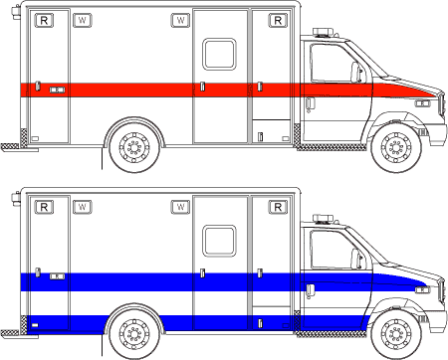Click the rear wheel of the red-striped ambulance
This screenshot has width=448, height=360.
point(131,146)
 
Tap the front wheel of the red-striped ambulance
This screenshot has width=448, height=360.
point(397,147)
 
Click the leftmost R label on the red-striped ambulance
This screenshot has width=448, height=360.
point(43,20)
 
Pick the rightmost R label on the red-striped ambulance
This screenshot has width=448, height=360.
point(276,19)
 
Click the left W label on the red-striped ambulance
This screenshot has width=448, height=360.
point(82,20)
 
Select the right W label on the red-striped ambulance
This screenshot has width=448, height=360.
point(180,19)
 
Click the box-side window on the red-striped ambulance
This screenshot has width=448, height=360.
point(218,56)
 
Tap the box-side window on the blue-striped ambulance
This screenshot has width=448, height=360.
point(218,241)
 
